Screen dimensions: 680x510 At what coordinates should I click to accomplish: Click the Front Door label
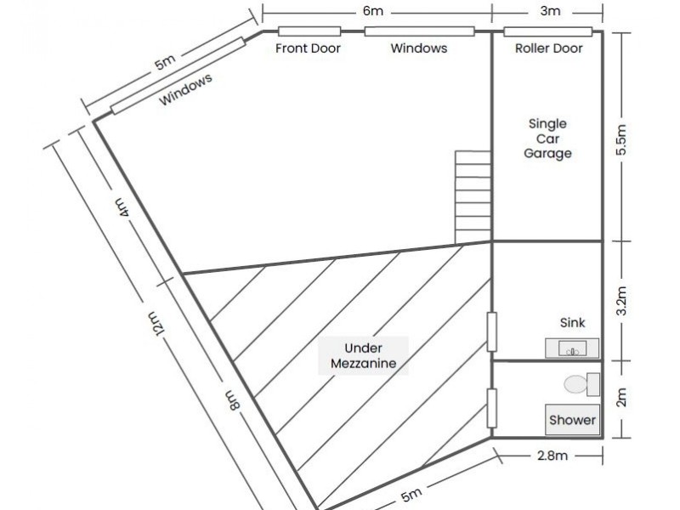(308, 48)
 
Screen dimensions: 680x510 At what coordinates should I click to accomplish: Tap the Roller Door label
(548, 48)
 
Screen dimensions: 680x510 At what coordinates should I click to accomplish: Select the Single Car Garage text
(547, 139)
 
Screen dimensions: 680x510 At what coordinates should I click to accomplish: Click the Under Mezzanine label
(364, 355)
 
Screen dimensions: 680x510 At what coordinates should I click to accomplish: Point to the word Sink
(572, 323)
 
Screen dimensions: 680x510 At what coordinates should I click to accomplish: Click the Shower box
(572, 420)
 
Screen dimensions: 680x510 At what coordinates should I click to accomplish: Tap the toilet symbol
(582, 384)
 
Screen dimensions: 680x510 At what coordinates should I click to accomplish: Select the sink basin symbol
(572, 348)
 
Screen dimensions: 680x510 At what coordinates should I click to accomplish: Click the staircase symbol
(473, 197)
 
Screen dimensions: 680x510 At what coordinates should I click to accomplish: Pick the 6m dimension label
(373, 11)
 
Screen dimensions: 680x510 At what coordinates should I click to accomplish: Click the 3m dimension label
(550, 11)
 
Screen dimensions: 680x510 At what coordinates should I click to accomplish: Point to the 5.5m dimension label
(621, 139)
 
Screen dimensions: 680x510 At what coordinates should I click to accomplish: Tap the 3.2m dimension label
(621, 301)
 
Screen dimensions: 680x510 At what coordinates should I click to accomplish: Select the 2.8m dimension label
(552, 456)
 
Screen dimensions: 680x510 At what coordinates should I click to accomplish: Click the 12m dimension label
(156, 323)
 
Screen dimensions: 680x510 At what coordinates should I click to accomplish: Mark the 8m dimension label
(232, 399)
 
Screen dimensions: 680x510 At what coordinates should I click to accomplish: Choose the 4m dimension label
(122, 207)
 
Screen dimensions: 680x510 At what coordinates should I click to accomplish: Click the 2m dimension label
(621, 397)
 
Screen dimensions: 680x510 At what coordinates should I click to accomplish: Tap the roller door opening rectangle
(548, 31)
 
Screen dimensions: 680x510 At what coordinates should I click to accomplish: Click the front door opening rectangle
(309, 31)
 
